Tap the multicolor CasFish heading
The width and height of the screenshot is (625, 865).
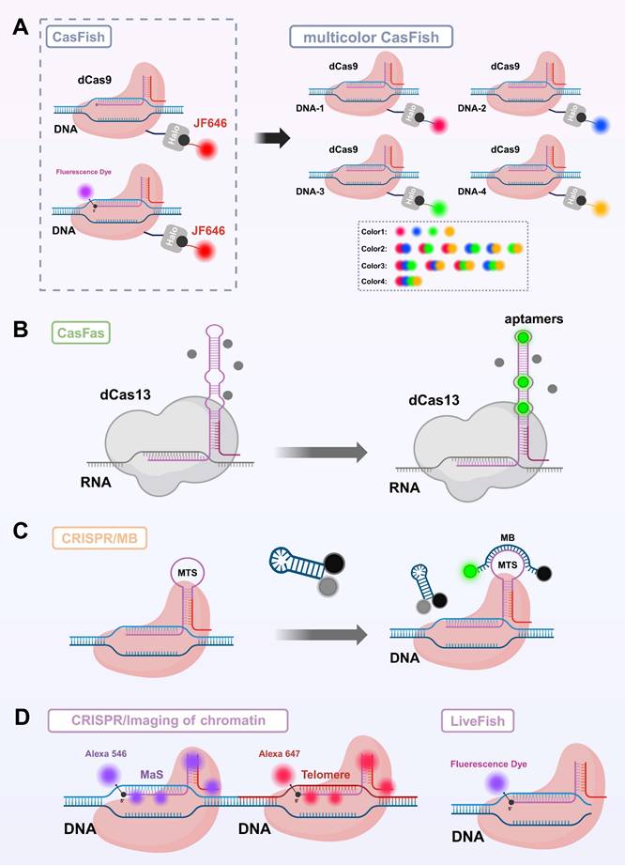coord(371,37)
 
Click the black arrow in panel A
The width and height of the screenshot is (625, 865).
coord(273,137)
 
